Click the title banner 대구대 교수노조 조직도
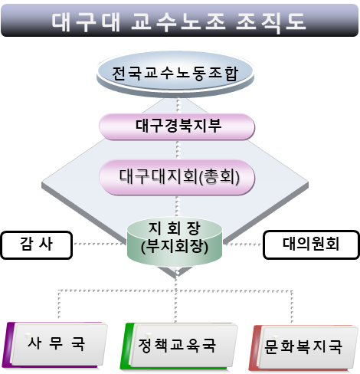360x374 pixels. [180, 20]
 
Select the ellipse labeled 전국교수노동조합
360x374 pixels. [175, 74]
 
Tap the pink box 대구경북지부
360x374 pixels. [177, 126]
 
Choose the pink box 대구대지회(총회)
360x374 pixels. [177, 177]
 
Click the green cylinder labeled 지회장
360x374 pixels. [175, 241]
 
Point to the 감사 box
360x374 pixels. [37, 245]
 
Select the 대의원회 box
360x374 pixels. [311, 244]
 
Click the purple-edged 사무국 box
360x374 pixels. [56, 345]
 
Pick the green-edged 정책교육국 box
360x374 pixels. [178, 346]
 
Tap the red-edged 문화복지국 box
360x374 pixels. [304, 347]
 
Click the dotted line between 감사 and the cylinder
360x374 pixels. [100, 244]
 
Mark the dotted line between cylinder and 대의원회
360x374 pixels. [243, 244]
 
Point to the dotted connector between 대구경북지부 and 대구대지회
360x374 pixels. [178, 150]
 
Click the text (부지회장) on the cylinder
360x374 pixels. [175, 247]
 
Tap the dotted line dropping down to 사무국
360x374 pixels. [59, 304]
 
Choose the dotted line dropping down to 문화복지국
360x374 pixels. [292, 307]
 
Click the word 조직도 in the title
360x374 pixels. [270, 21]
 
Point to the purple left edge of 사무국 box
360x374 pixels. [7, 345]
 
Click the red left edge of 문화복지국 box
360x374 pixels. [254, 348]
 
